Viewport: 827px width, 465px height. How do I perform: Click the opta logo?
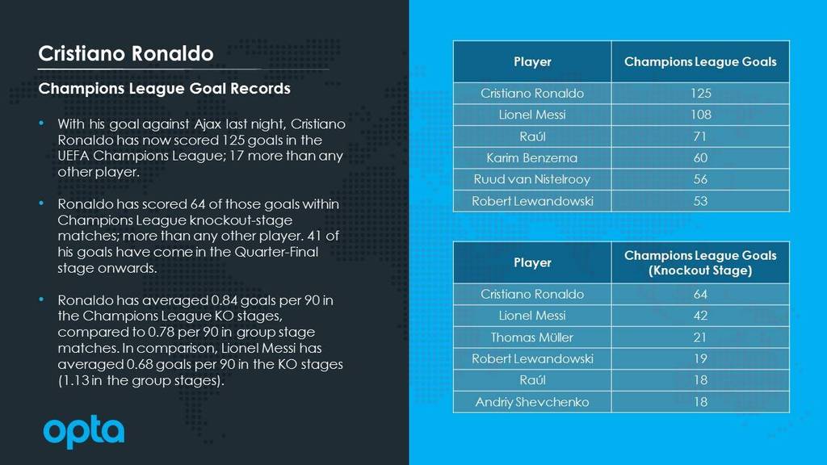tap(84, 431)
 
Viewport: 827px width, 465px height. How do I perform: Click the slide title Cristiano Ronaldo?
tap(126, 53)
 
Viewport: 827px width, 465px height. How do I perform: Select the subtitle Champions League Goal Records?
tap(164, 89)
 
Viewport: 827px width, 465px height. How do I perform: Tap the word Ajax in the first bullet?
tap(208, 124)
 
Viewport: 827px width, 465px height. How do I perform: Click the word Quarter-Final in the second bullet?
tap(276, 252)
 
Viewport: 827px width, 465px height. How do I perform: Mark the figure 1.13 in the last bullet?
tap(74, 380)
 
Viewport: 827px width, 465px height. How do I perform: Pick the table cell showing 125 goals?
tap(700, 94)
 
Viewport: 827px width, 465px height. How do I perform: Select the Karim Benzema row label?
tap(532, 157)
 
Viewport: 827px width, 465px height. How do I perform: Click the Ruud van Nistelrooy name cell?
tap(532, 179)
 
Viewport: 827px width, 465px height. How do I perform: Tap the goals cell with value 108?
tap(700, 115)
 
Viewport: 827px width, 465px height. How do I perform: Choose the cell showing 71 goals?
tap(700, 136)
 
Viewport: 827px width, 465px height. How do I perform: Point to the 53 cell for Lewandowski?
tap(700, 201)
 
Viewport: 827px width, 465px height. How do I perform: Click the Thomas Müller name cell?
tap(532, 337)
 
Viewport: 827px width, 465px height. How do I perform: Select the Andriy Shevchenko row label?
tap(532, 402)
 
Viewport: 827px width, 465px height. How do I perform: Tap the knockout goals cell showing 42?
tap(700, 316)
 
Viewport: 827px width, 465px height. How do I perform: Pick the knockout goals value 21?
tap(700, 337)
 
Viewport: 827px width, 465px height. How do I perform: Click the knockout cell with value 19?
tap(700, 359)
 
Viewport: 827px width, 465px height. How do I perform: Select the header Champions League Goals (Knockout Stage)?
tap(700, 262)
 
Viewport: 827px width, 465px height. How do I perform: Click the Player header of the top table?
tap(532, 61)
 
